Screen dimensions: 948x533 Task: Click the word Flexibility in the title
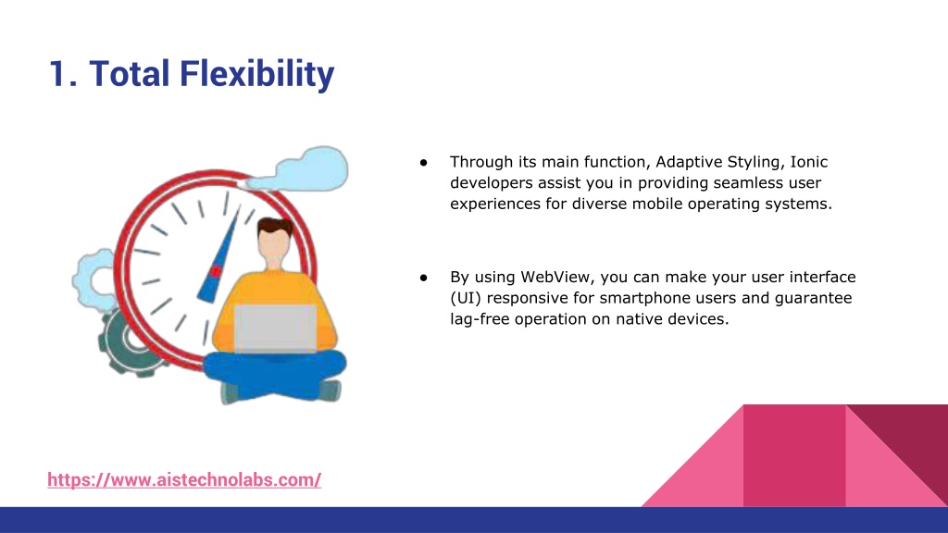tap(257, 74)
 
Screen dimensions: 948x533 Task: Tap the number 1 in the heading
tap(58, 74)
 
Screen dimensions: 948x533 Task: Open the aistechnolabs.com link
tap(184, 480)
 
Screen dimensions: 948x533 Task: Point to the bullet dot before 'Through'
tap(423, 163)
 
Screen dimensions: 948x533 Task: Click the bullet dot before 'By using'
tap(423, 278)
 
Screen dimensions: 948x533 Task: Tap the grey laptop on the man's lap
tap(275, 328)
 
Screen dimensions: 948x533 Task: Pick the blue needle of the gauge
tap(218, 257)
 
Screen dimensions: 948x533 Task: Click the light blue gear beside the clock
tap(94, 279)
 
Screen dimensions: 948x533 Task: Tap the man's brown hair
tap(274, 228)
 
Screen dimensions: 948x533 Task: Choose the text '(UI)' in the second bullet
tap(466, 299)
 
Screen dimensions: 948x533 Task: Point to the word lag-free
tap(480, 319)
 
